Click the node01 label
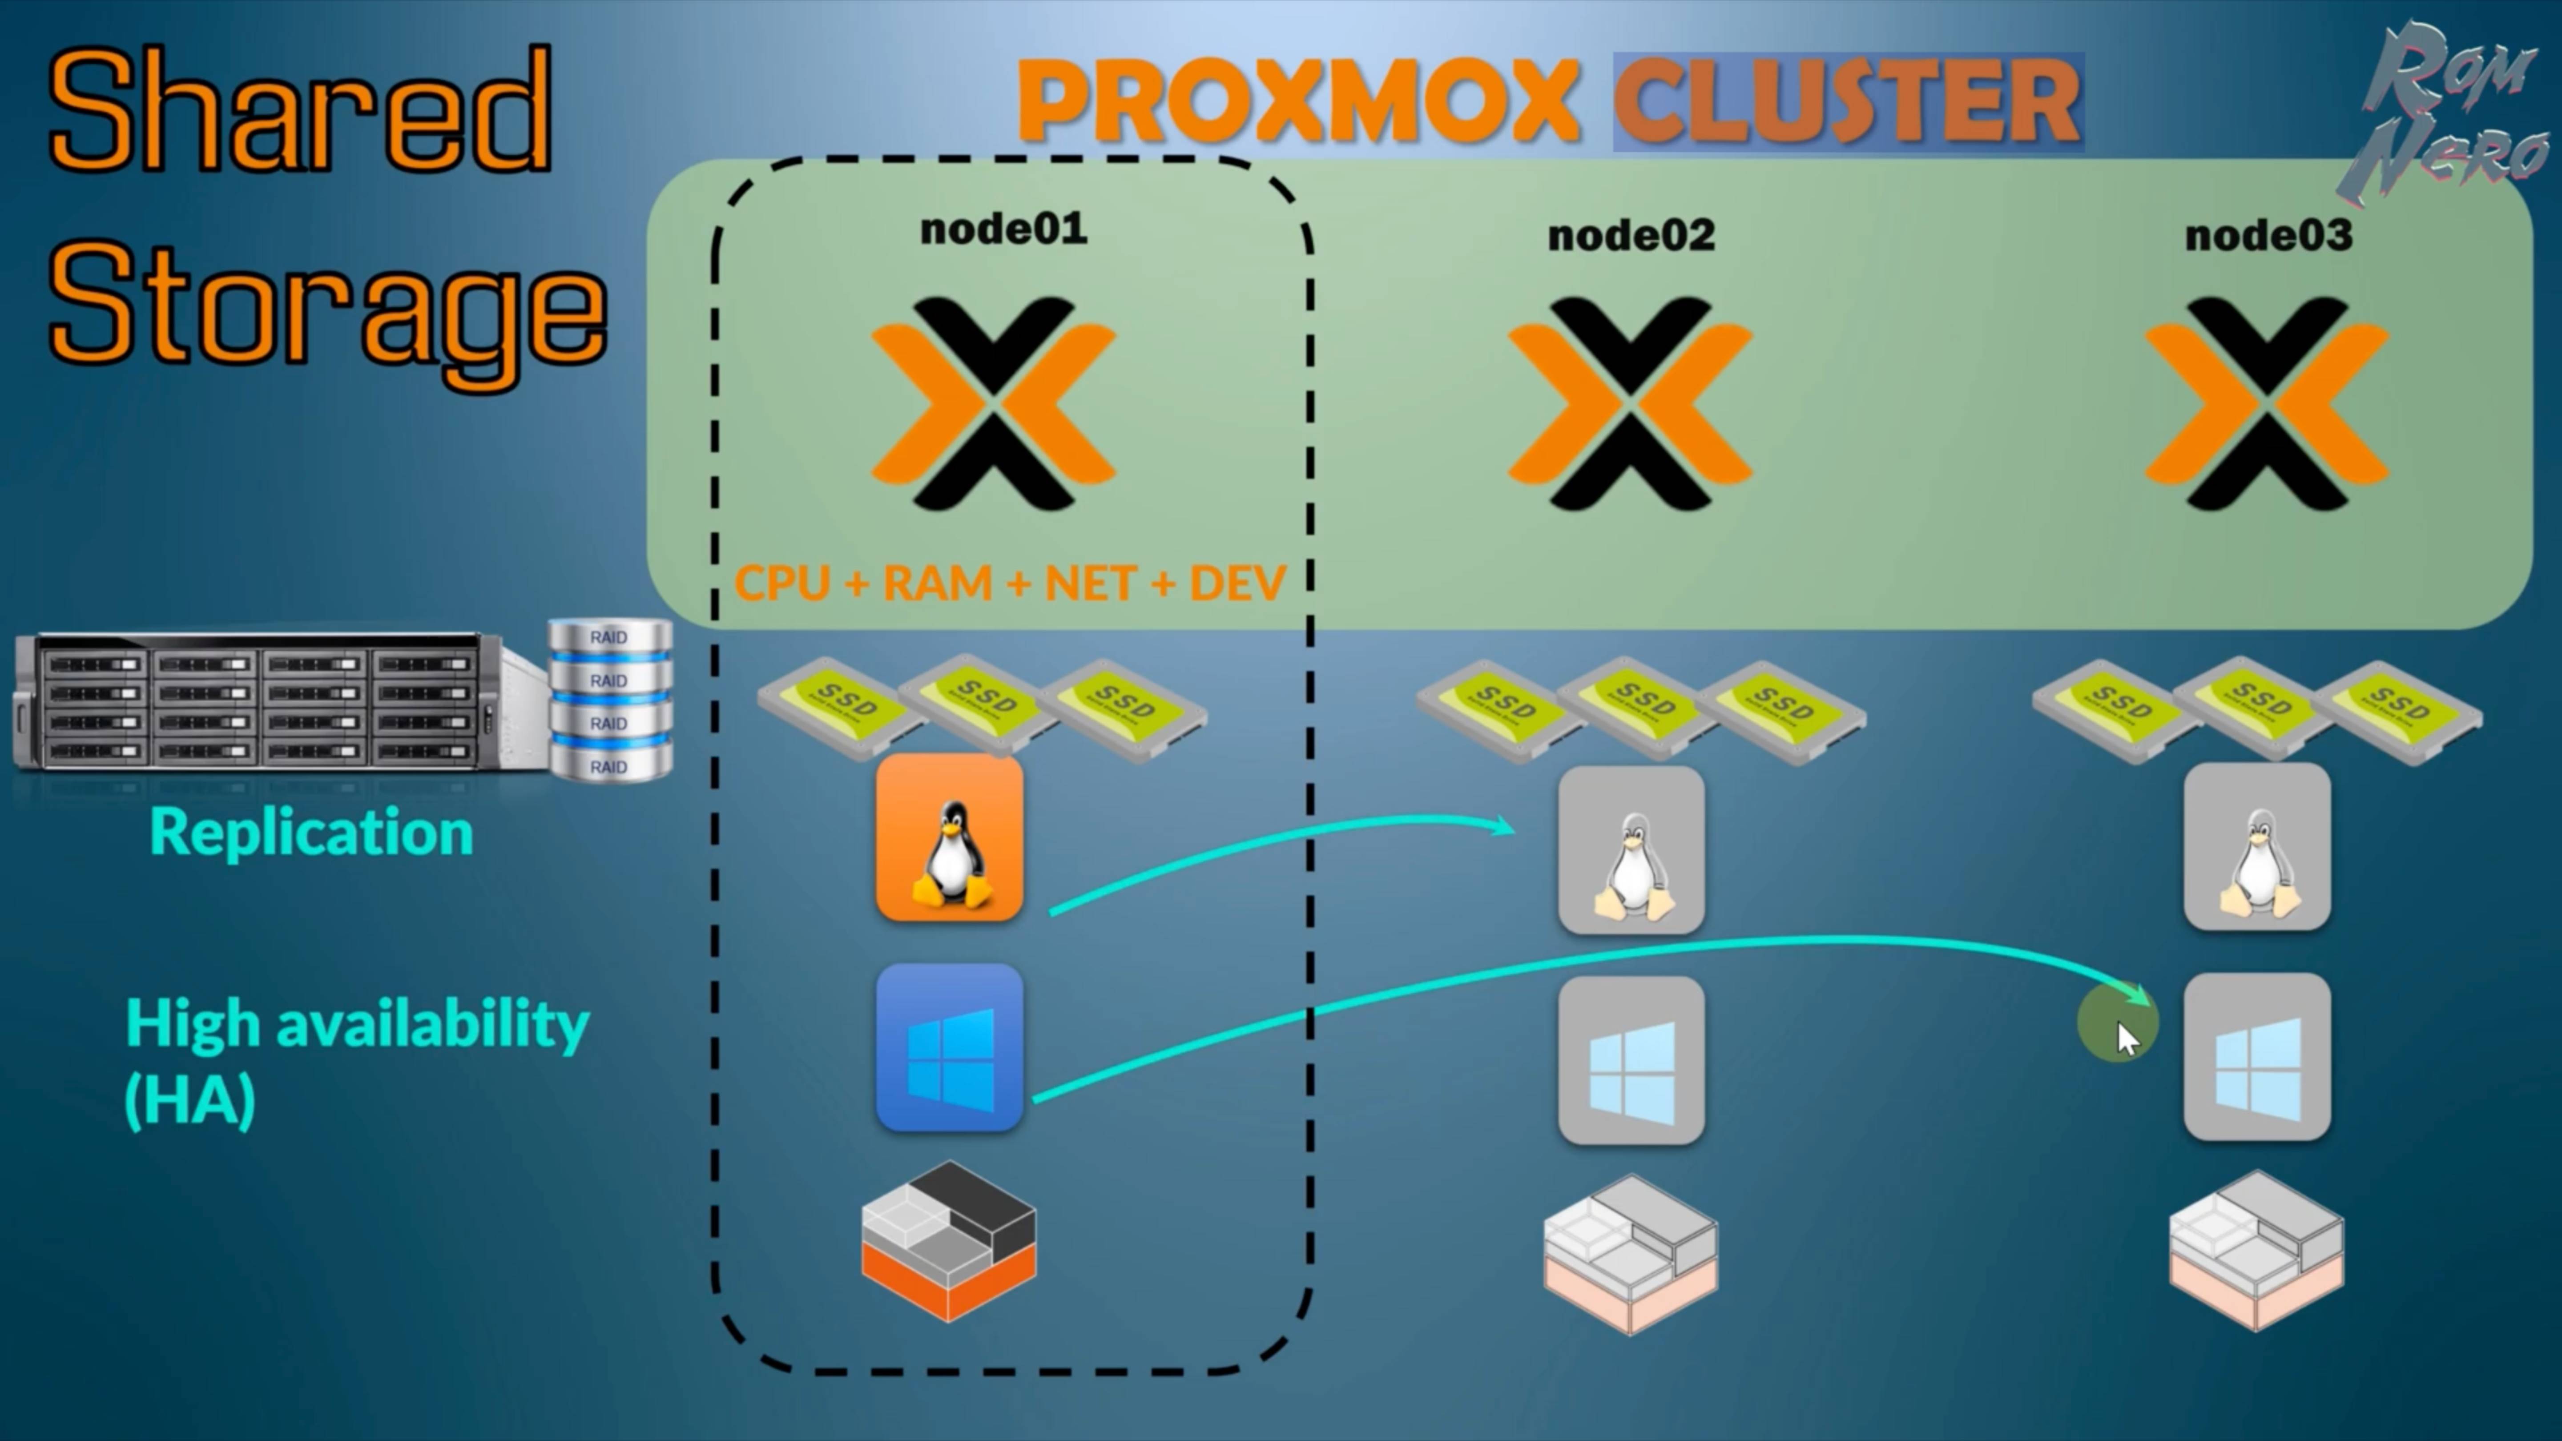pos(1003,230)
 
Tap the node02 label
pos(1631,236)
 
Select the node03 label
pos(2268,236)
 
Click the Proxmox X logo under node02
pos(1629,403)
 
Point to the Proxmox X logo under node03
pos(2266,403)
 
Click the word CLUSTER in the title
pos(1848,101)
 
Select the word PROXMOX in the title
pos(1298,101)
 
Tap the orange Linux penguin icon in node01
pos(949,837)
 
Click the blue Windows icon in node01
pos(949,1047)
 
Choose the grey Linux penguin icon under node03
pos(2257,847)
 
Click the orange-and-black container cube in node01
pos(949,1241)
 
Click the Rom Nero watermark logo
pos(2447,109)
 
